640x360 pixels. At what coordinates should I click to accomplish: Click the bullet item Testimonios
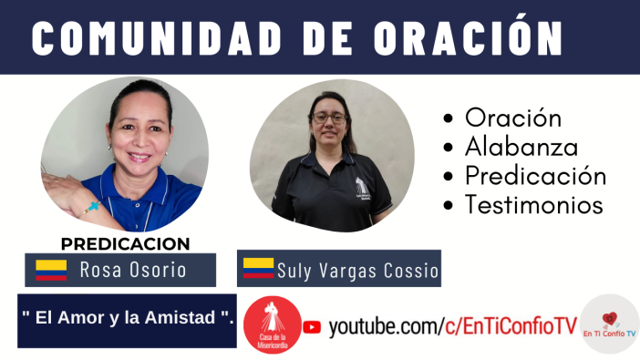[533, 205]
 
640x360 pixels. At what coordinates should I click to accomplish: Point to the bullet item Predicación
[535, 176]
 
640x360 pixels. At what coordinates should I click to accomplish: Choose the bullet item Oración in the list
[513, 118]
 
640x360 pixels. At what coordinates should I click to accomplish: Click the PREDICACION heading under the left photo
[126, 243]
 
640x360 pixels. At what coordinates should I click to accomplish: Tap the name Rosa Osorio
[133, 270]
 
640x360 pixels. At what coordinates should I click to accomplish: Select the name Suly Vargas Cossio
[357, 271]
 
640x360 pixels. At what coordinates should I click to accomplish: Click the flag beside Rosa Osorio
[51, 270]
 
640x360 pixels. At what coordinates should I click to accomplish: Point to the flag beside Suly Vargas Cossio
[258, 269]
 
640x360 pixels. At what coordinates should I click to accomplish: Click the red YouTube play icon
[312, 326]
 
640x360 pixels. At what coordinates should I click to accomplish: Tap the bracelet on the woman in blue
[91, 207]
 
